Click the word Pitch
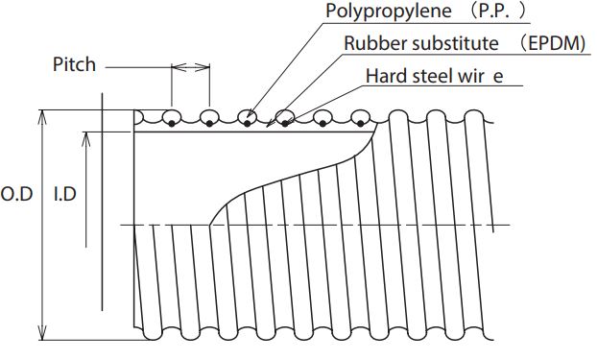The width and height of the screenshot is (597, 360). (74, 64)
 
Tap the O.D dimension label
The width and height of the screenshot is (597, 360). (16, 194)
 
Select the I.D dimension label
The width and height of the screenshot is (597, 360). (64, 194)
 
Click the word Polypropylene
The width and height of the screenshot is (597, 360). (389, 11)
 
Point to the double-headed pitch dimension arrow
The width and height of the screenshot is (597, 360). (190, 67)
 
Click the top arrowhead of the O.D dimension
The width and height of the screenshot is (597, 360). (42, 117)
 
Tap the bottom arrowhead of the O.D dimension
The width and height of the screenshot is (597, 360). (42, 332)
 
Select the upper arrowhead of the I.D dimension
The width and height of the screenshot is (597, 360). (86, 139)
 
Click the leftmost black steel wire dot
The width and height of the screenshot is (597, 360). (172, 123)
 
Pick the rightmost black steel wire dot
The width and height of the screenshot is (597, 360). (360, 123)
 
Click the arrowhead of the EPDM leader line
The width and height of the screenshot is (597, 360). (269, 123)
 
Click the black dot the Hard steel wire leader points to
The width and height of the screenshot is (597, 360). (285, 123)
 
